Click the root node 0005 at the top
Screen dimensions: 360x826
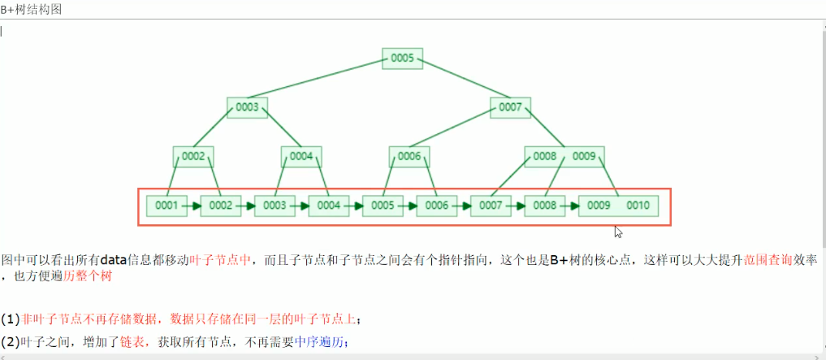(403, 59)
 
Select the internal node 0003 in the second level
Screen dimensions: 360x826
(248, 107)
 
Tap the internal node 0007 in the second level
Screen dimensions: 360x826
(511, 107)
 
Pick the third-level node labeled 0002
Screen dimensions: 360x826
(193, 156)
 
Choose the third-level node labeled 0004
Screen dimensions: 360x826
(301, 156)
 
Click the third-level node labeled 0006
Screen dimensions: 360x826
(409, 156)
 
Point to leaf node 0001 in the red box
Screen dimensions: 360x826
(166, 206)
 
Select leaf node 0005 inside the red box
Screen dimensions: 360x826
(383, 206)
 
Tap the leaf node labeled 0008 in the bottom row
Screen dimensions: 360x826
(545, 206)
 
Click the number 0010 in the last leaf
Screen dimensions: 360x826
(638, 206)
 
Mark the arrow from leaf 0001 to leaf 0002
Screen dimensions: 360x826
(193, 206)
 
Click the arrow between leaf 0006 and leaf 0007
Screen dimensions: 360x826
(464, 206)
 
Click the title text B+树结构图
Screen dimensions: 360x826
(31, 9)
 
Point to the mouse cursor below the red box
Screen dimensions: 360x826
(618, 232)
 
